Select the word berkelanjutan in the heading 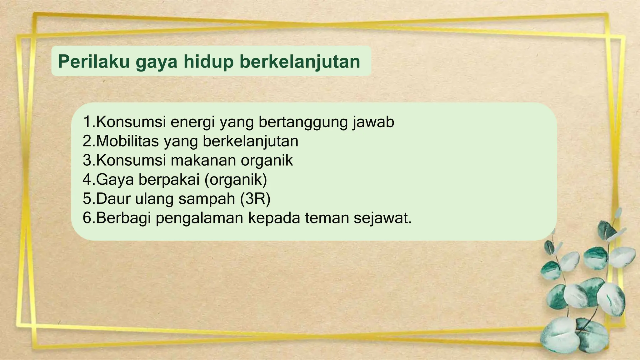point(300,61)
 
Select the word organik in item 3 point(267,160)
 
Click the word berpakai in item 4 point(169,179)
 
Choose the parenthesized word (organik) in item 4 point(236,179)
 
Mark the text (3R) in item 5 point(255,199)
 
